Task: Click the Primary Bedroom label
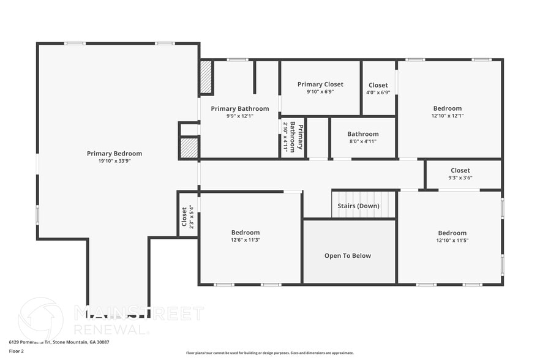pos(114,154)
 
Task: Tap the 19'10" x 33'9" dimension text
pos(114,161)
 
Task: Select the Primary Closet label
pos(320,84)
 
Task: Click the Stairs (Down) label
pos(358,206)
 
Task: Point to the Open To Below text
pos(347,256)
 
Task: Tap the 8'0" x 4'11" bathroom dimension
pos(362,141)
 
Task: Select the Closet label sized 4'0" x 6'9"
pos(378,86)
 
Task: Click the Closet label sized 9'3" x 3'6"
pos(460,171)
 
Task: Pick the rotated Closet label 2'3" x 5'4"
pos(184,214)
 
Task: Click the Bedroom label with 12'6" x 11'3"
pos(246,233)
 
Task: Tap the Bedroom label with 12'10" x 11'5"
pos(452,233)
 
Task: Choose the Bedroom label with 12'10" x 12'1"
pos(447,108)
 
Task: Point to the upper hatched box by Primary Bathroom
pos(206,77)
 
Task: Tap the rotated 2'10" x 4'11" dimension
pos(285,137)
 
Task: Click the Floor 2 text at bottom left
pos(17,351)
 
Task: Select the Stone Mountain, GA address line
pos(51,343)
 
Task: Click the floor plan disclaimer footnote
pos(269,353)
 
